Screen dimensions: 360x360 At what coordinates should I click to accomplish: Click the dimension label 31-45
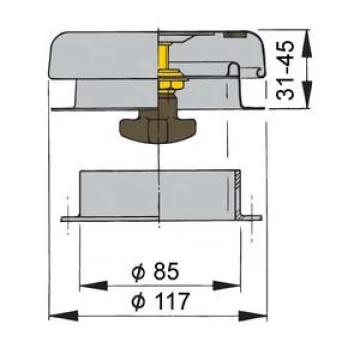[x=286, y=70]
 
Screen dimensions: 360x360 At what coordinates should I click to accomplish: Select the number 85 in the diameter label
[x=166, y=272]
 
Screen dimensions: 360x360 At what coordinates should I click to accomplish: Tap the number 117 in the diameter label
[x=171, y=301]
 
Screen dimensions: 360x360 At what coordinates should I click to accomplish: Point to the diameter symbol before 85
[x=138, y=272]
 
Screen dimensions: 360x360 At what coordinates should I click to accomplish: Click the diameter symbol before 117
[x=138, y=302]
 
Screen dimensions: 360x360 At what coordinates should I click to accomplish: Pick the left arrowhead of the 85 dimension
[x=94, y=286]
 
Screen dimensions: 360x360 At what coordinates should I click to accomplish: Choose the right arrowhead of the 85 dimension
[x=226, y=286]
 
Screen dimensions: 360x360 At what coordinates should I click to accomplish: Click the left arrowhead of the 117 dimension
[x=63, y=315]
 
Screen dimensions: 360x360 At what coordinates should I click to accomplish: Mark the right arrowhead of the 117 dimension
[x=253, y=315]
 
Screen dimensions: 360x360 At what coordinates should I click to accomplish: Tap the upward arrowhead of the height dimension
[x=306, y=43]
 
